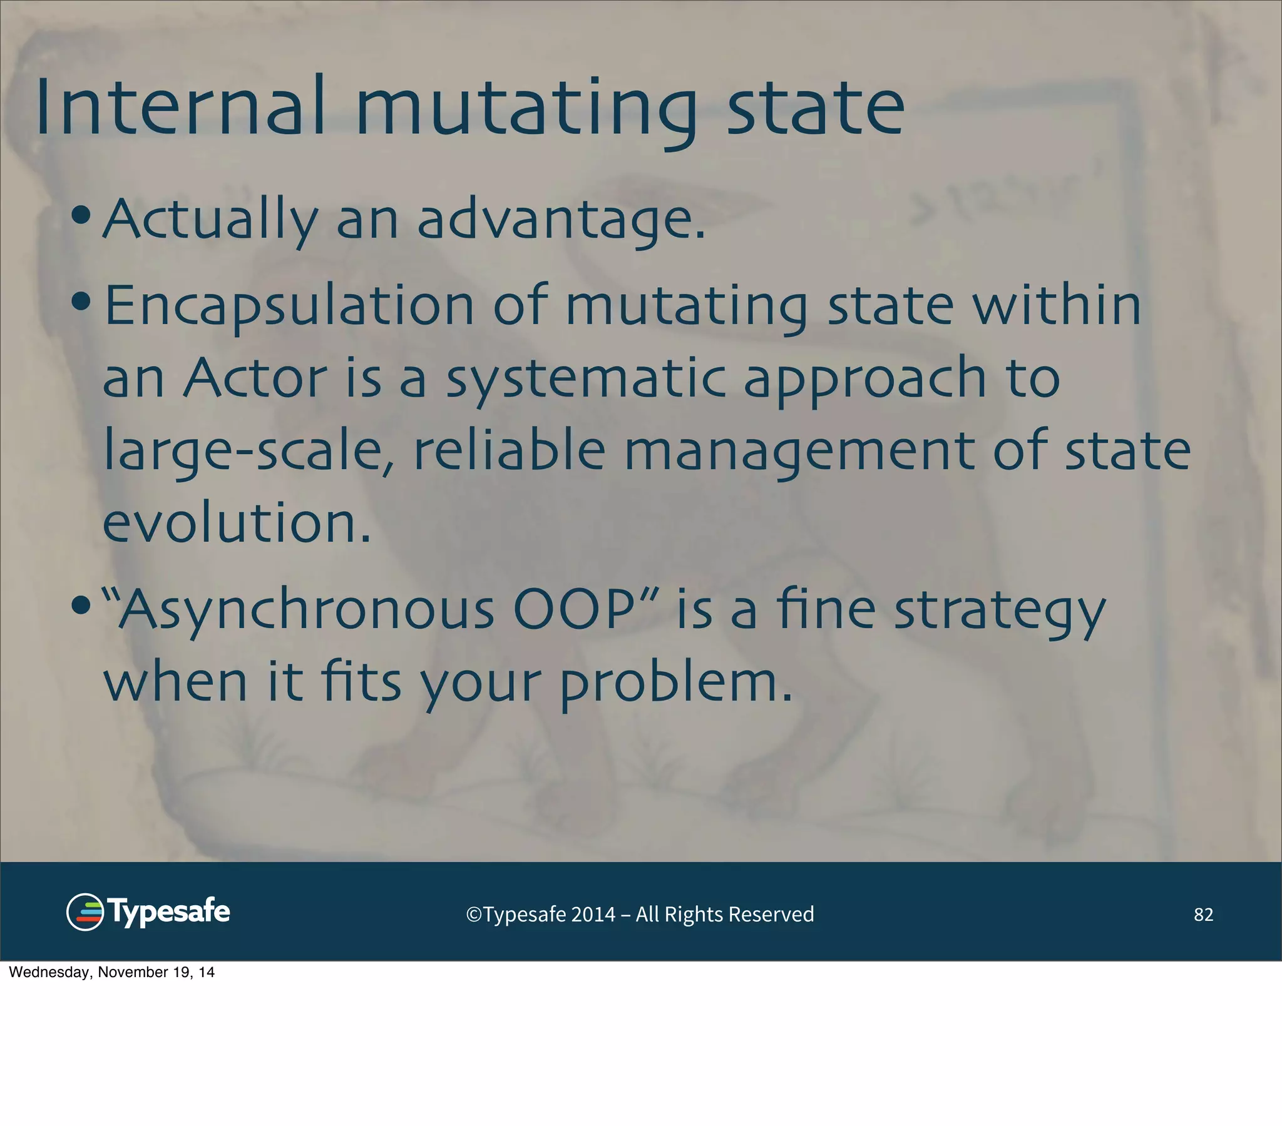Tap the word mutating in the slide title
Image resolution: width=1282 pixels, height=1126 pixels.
point(526,108)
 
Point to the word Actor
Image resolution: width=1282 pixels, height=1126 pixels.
point(255,378)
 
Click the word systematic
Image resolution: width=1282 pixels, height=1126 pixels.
point(586,378)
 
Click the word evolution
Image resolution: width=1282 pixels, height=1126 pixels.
point(237,523)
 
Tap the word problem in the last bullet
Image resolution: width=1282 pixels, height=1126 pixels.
point(675,682)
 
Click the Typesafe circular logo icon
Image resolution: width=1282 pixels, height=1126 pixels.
point(85,911)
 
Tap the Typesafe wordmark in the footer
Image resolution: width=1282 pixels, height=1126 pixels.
point(169,911)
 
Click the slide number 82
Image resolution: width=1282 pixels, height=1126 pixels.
point(1203,915)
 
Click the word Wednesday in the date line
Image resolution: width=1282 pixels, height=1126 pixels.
point(50,972)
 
